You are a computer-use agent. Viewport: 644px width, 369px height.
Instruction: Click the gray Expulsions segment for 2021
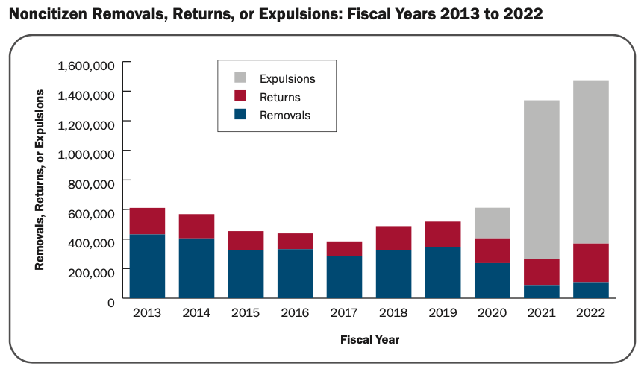[x=541, y=179]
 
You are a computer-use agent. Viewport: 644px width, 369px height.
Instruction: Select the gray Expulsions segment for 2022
[x=590, y=161]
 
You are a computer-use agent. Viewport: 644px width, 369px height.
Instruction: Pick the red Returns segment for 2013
[x=147, y=221]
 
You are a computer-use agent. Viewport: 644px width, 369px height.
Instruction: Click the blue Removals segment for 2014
[x=196, y=268]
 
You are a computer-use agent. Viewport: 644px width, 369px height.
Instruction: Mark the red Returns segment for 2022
[x=590, y=262]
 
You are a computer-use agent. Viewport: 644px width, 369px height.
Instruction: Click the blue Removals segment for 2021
[x=541, y=292]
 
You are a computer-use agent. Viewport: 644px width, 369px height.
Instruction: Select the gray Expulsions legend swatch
[x=240, y=78]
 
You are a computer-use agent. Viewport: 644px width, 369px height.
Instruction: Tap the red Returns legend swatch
[x=240, y=96]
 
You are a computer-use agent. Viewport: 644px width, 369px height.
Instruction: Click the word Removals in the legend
[x=285, y=116]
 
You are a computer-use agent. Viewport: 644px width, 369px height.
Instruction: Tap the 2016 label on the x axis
[x=295, y=314]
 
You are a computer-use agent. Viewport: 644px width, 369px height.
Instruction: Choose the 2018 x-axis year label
[x=393, y=314]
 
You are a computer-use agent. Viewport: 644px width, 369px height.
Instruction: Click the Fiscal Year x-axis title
[x=369, y=340]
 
